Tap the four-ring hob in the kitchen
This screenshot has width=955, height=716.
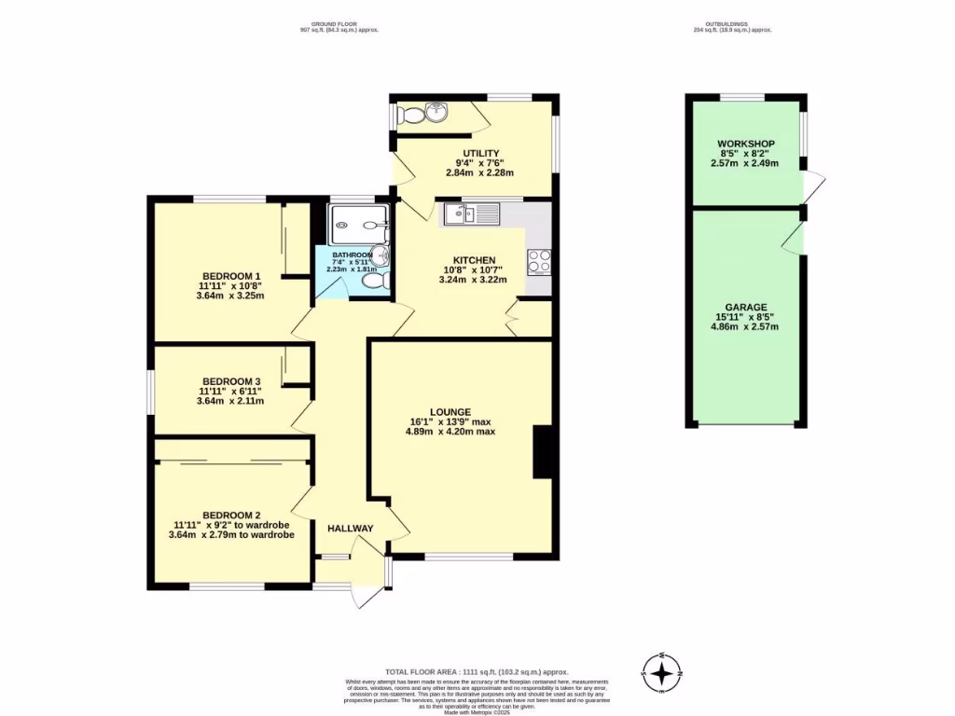point(540,261)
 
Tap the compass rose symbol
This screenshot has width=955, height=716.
point(662,671)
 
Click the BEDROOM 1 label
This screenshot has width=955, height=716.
point(230,276)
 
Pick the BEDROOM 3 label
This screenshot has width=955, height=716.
point(231,381)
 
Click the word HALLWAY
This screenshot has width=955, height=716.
point(350,529)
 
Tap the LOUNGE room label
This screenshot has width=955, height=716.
point(450,412)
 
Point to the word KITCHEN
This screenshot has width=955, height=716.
point(474,260)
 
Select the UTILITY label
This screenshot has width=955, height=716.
point(481,153)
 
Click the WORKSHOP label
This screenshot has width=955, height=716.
point(745,143)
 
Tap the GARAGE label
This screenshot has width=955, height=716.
point(745,307)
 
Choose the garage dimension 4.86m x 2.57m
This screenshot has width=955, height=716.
point(745,327)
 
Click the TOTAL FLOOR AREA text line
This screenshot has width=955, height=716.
point(477,672)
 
